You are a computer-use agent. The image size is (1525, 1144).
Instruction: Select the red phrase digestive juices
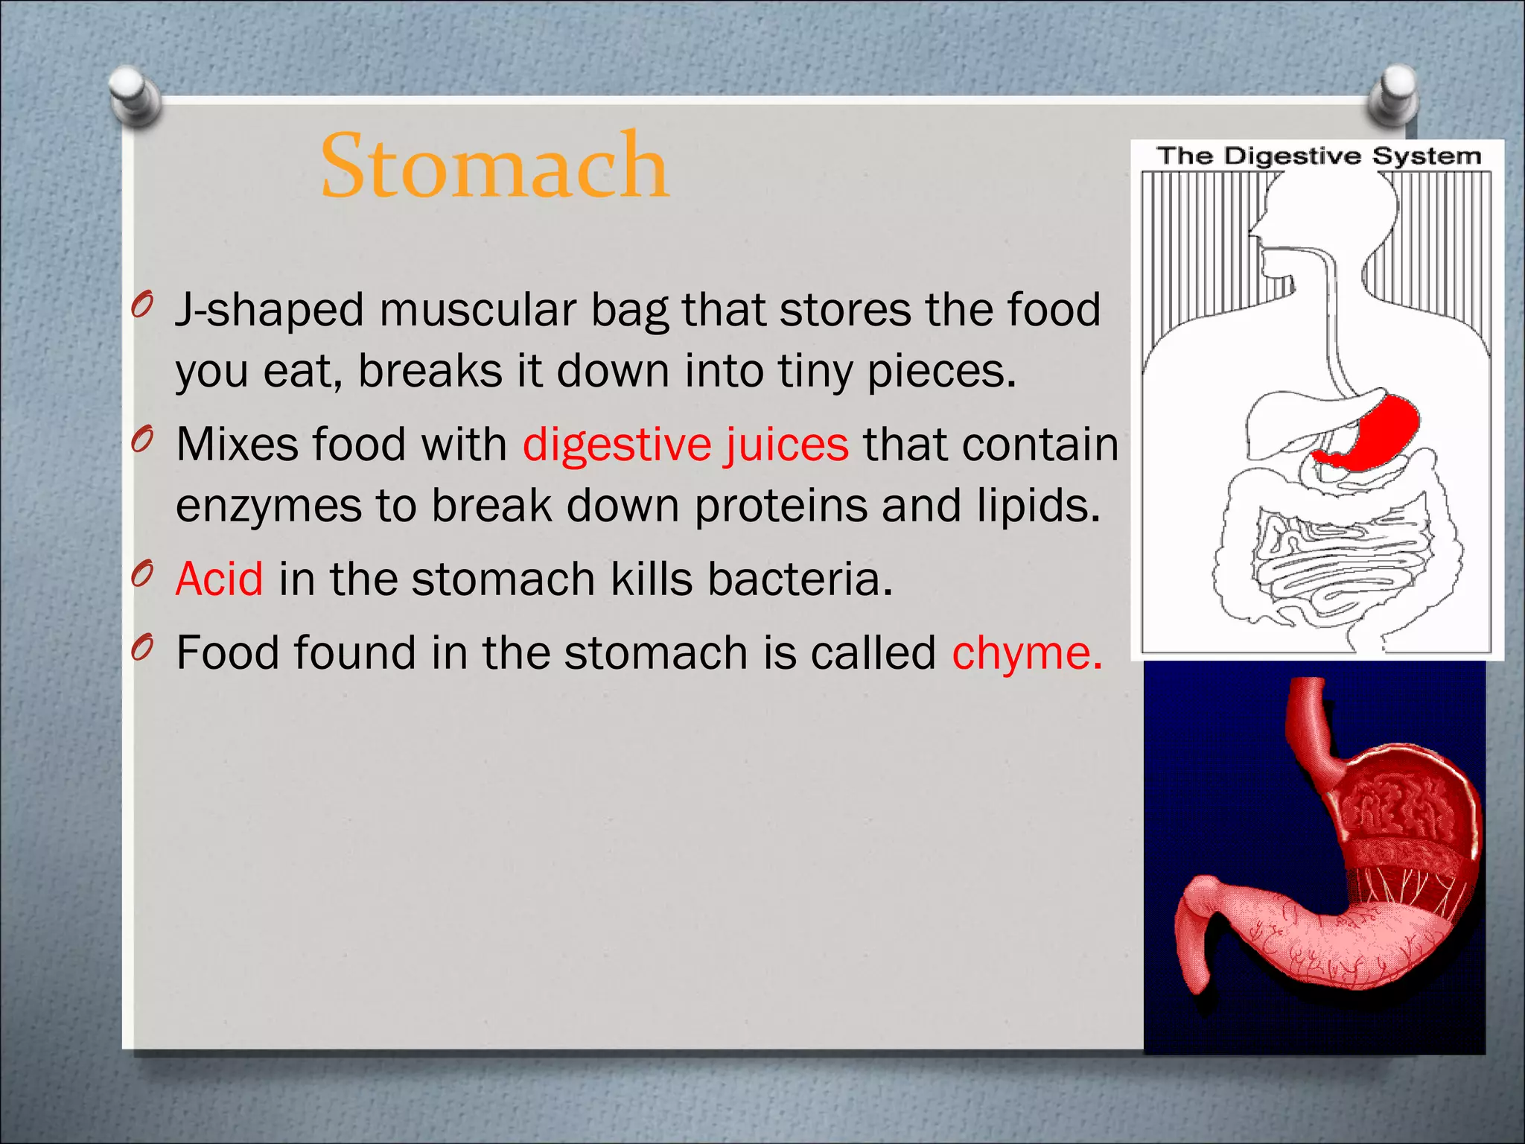[685, 445]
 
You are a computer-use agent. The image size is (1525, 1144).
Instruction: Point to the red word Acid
[219, 579]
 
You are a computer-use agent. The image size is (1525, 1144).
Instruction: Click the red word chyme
[1026, 653]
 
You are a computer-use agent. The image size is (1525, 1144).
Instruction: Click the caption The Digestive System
[1319, 156]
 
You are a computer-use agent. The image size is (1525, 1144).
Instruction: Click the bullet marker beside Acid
[142, 574]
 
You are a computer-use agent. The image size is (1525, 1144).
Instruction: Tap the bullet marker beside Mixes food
[142, 440]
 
